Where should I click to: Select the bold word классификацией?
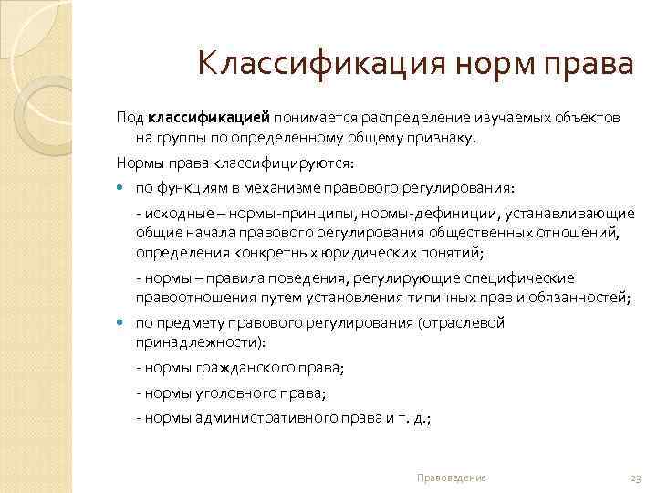coord(209,120)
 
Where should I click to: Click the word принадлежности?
coord(195,343)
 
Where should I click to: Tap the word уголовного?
coord(237,393)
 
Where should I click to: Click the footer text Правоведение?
coord(451,477)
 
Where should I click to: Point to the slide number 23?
coord(637,477)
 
